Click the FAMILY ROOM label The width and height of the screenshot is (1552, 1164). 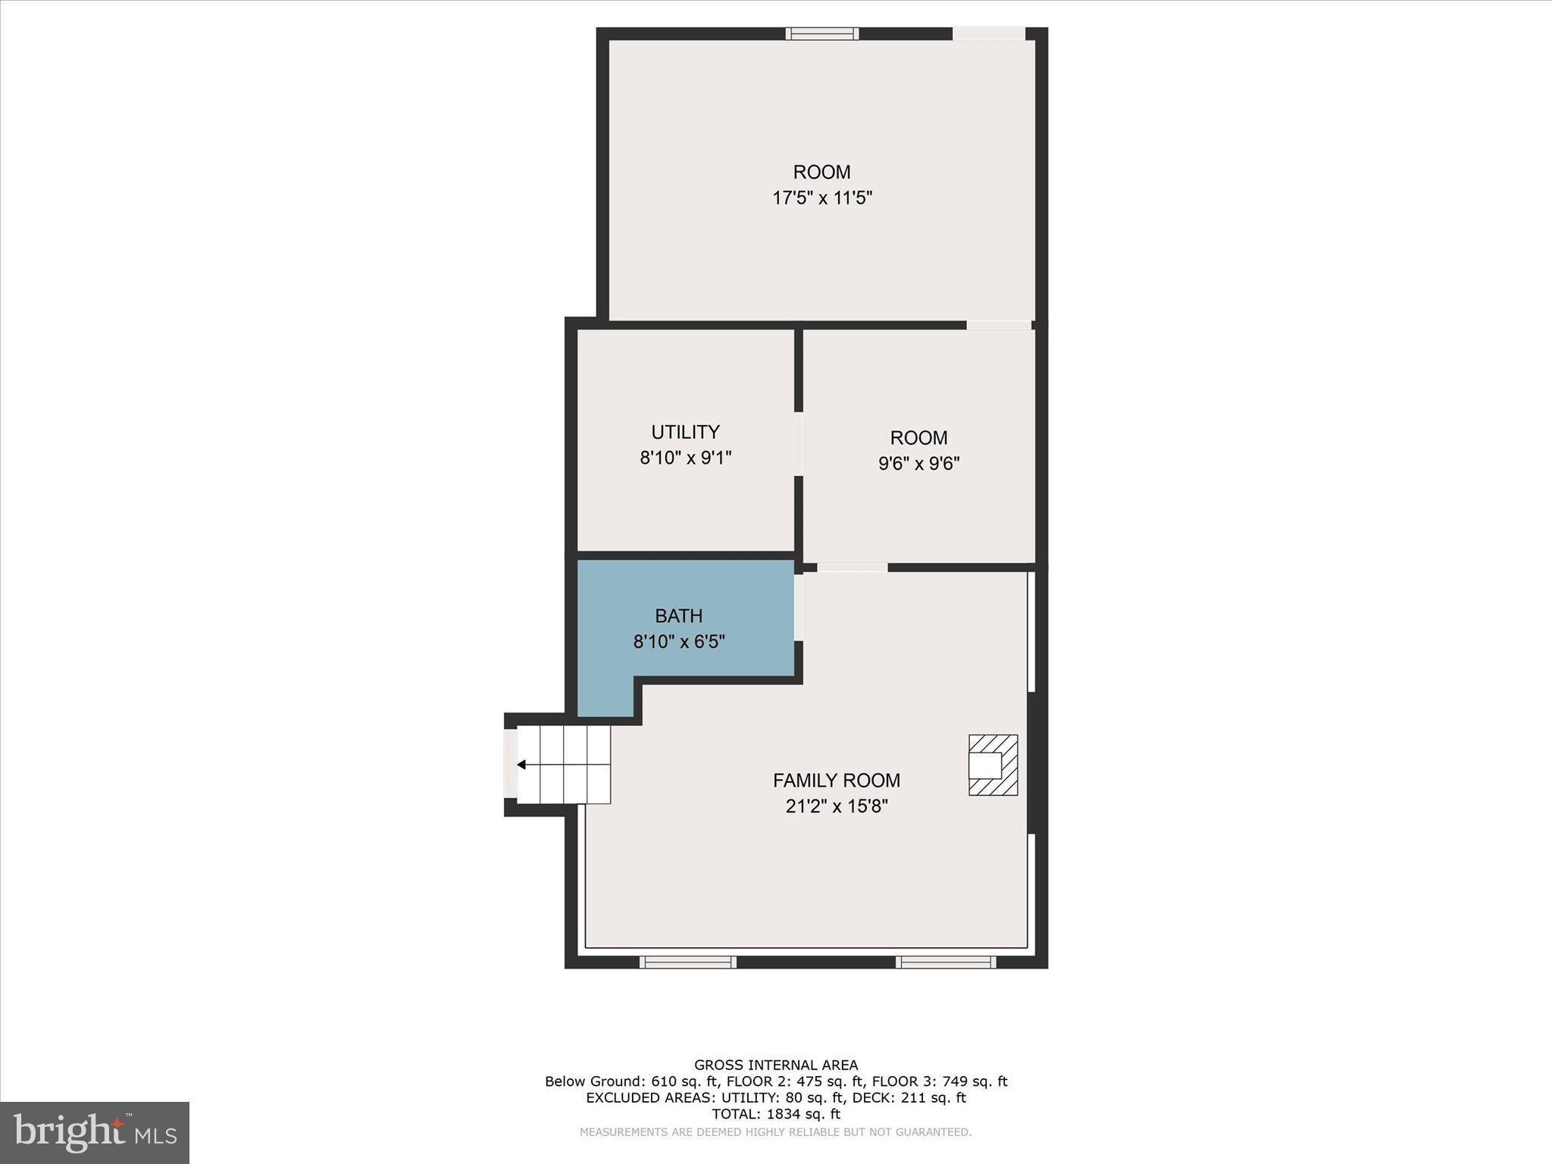coord(836,781)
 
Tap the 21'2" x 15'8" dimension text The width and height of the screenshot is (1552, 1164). coord(836,806)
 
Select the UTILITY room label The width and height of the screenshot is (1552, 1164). coord(685,432)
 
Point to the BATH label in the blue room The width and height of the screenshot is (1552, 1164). coord(678,616)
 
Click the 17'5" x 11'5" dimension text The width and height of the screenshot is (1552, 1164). coord(821,199)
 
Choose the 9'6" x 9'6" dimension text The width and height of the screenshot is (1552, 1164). coord(918,464)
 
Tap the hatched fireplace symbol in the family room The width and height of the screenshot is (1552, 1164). coord(993,765)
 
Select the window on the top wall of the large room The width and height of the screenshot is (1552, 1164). coord(821,33)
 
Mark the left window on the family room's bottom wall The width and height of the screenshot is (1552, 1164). coord(687,962)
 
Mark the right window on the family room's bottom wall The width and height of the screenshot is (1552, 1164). coord(945,962)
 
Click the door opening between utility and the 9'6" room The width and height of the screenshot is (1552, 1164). coord(798,444)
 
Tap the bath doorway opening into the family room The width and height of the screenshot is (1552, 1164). coord(798,608)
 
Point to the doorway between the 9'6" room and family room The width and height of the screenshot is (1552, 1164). coord(852,568)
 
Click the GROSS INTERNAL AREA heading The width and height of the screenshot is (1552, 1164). coord(775,1065)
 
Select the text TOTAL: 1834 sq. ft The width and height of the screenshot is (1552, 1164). coord(775,1114)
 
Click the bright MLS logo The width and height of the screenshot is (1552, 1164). coord(95,1133)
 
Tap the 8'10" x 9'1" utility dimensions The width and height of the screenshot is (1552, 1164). coord(685,458)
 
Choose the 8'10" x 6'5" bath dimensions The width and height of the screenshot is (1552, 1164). coord(678,643)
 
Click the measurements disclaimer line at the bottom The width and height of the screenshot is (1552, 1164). coord(775,1132)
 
